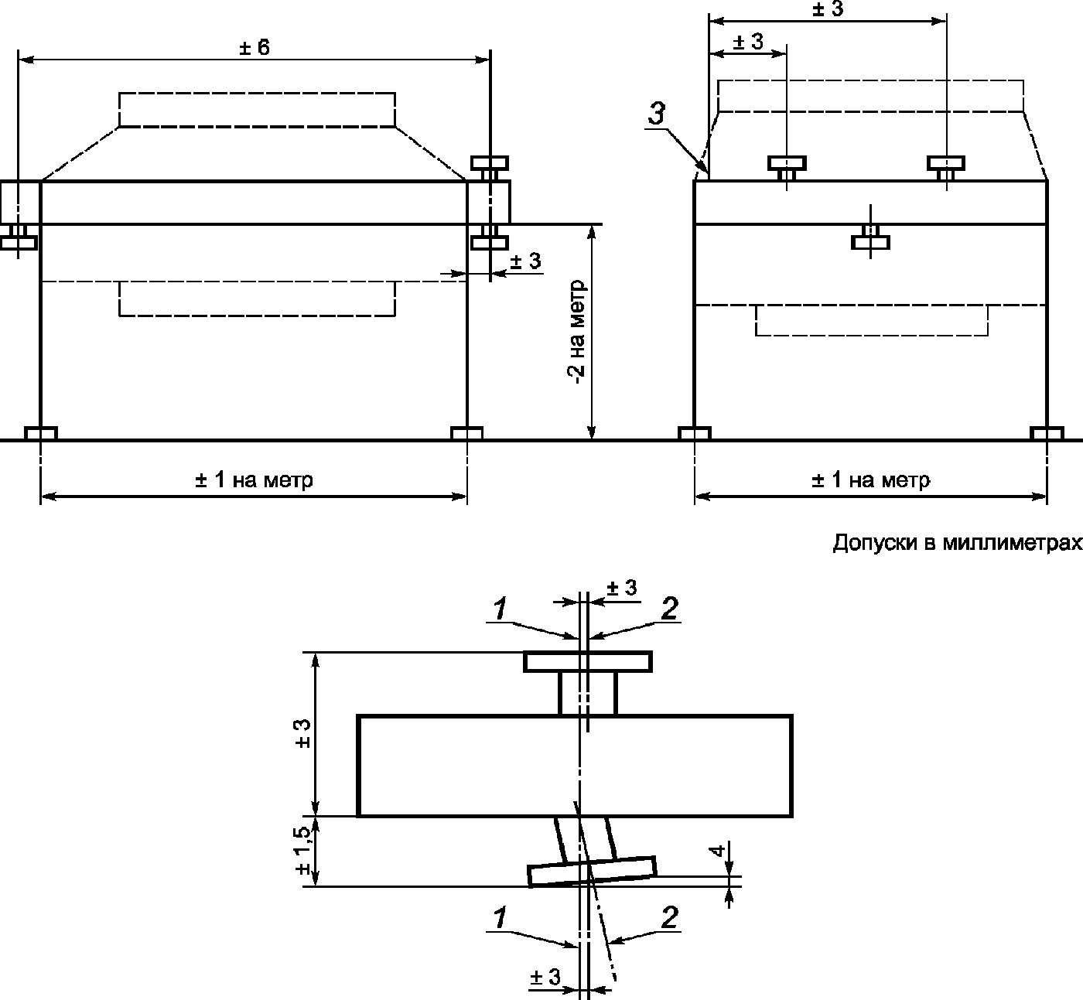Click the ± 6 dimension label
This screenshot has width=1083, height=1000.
[x=255, y=48]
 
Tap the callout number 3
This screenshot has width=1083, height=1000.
[x=657, y=114]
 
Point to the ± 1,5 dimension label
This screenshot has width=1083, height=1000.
[x=303, y=850]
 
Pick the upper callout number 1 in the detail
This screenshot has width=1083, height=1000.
[x=500, y=609]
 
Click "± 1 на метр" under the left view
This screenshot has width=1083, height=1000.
[x=254, y=480]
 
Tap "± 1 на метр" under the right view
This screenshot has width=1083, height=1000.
[x=871, y=480]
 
